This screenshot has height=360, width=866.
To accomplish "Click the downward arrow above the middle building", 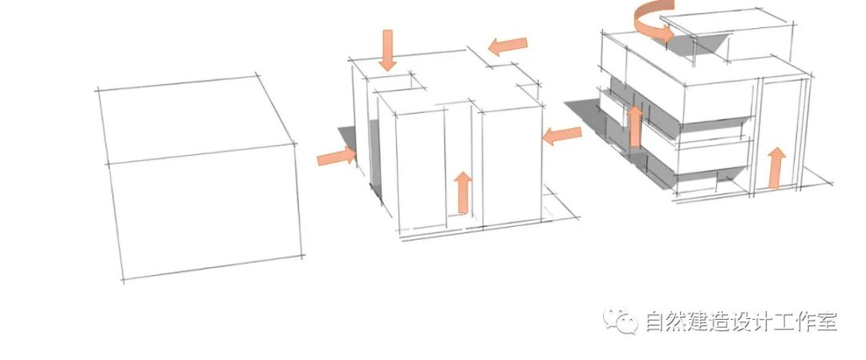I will click(x=388, y=50).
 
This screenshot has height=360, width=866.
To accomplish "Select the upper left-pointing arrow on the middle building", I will click(x=508, y=47).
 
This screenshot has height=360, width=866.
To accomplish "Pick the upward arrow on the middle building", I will click(x=463, y=192).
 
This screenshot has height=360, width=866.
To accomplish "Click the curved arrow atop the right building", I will click(x=652, y=22).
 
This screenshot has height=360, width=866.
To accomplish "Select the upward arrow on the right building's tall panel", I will click(x=775, y=168).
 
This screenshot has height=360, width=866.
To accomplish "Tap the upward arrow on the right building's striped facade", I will click(x=635, y=126).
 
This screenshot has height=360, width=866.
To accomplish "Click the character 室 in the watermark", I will click(x=826, y=322).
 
